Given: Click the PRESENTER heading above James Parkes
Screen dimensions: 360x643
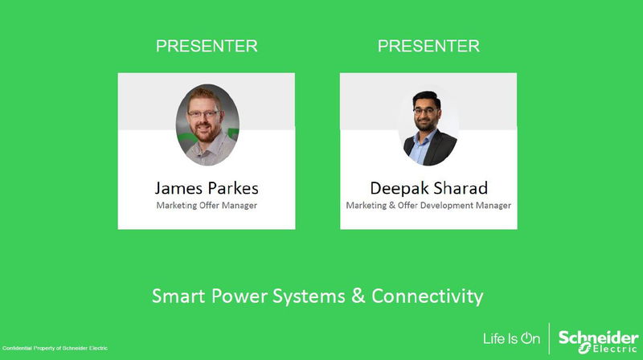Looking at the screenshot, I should click(207, 47).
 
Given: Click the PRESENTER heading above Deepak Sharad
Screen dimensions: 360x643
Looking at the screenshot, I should click(428, 47).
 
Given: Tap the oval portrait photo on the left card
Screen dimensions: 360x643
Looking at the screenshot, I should click(207, 125).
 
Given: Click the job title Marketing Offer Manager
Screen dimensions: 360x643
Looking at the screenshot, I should click(207, 206).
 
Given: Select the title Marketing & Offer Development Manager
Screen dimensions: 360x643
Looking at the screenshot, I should click(428, 206).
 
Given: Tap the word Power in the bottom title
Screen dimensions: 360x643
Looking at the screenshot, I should click(233, 297).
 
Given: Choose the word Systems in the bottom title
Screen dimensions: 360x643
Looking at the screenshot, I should click(301, 297).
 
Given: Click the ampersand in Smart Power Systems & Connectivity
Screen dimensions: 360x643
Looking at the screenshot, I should click(358, 297).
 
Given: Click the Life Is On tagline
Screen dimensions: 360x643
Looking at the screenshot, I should click(511, 338).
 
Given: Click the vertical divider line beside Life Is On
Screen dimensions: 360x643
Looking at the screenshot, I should click(550, 338).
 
